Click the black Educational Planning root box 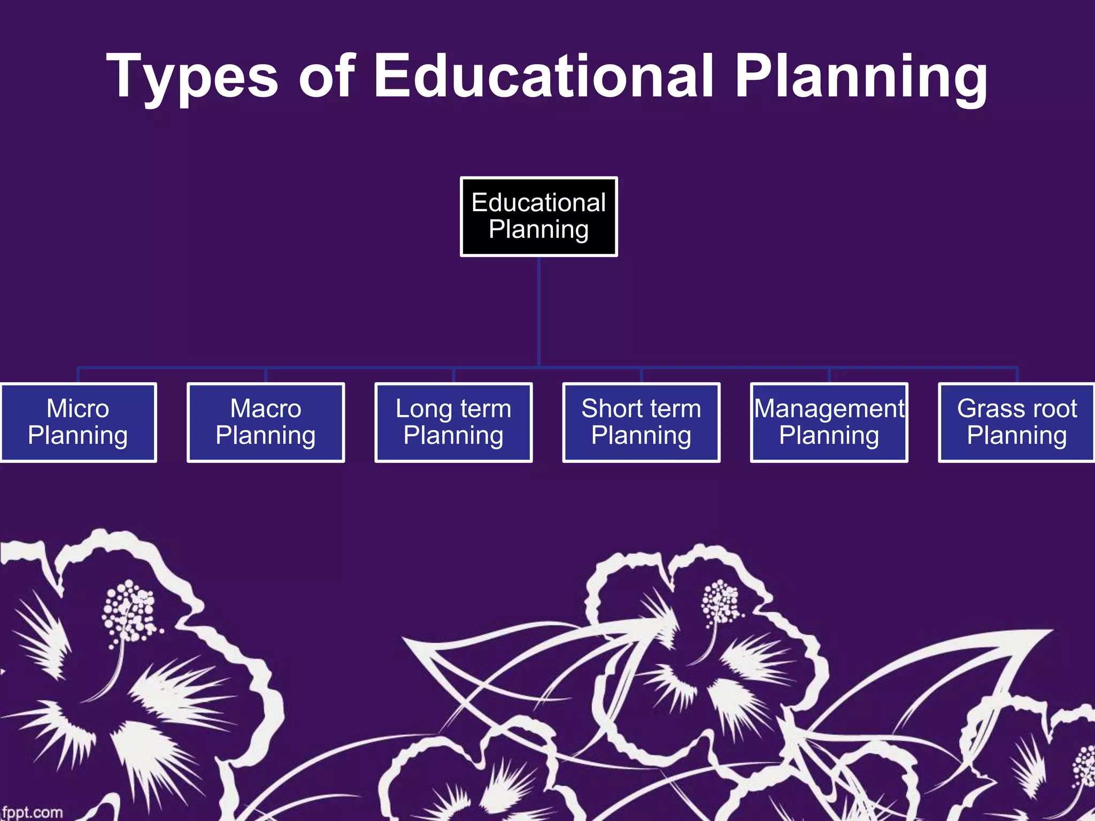click(x=538, y=216)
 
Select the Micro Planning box click(x=78, y=422)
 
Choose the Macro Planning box click(x=266, y=422)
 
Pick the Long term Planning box click(x=453, y=422)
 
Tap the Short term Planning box click(x=641, y=422)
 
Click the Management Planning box click(x=829, y=422)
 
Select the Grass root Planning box click(x=1016, y=422)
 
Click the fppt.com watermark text click(x=32, y=812)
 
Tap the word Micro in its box click(x=78, y=409)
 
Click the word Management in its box click(x=829, y=409)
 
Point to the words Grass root click(x=1016, y=409)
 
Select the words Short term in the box click(x=641, y=409)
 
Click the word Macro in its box click(x=266, y=409)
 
